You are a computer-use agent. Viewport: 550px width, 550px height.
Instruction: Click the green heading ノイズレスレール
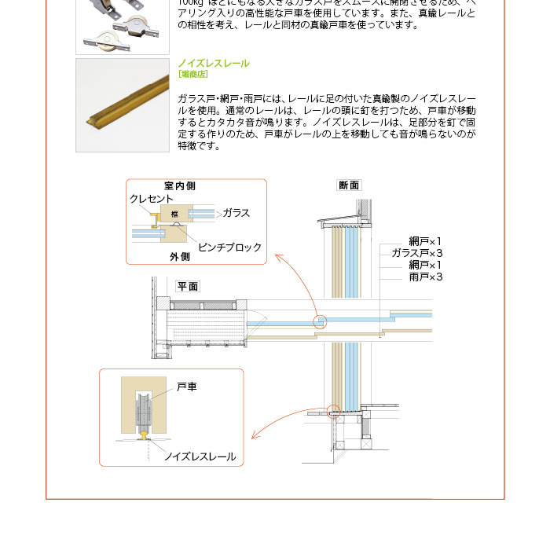[214, 63]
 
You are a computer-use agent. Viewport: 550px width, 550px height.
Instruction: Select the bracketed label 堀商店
[192, 75]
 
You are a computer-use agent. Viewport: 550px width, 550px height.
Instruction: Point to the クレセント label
[152, 200]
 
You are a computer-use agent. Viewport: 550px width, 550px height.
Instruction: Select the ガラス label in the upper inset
[236, 213]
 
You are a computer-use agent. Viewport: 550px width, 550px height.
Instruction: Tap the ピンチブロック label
[229, 247]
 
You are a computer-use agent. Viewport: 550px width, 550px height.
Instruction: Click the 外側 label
[179, 257]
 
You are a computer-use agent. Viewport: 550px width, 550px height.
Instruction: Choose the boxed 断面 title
[349, 185]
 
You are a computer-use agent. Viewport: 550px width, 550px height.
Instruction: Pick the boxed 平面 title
[188, 287]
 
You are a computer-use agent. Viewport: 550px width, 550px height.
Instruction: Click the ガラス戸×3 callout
[417, 253]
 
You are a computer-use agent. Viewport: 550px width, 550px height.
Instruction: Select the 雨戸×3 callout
[426, 277]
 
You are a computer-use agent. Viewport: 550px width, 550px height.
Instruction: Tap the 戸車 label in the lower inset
[187, 387]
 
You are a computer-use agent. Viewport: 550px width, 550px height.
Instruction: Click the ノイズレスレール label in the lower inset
[200, 456]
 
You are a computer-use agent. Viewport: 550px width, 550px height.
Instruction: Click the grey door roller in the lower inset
[144, 410]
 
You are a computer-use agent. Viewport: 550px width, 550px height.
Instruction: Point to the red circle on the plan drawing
[319, 321]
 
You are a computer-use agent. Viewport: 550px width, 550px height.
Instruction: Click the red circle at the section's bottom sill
[334, 409]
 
